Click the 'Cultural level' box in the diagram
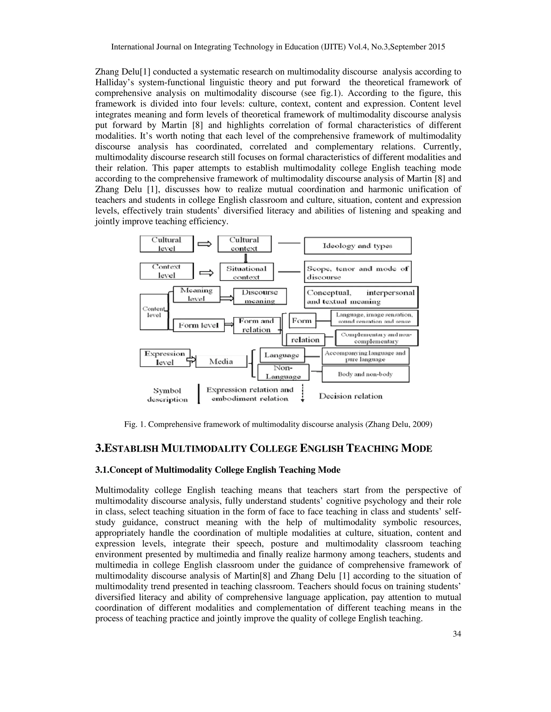point(167,244)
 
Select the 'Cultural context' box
point(244,244)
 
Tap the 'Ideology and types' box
point(358,246)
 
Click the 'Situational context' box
point(246,272)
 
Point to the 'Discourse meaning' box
point(260,296)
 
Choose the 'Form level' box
point(199,325)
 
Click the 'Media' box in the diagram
point(221,361)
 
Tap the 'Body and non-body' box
point(365,374)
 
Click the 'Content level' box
point(154,312)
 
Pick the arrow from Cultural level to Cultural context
point(205,244)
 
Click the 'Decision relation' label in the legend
point(351,396)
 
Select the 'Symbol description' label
point(167,395)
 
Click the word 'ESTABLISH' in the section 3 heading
point(130,449)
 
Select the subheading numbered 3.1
point(218,470)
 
